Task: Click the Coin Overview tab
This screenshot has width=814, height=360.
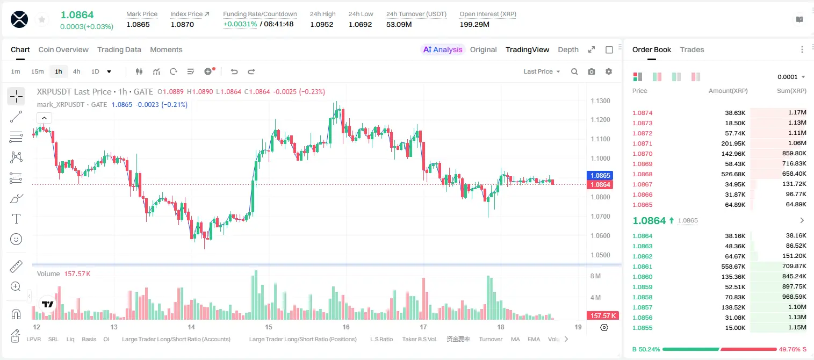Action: [x=63, y=49]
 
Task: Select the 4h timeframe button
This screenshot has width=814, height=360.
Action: [x=76, y=71]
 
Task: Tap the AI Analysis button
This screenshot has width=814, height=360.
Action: [x=443, y=49]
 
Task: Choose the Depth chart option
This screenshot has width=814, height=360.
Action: [x=568, y=49]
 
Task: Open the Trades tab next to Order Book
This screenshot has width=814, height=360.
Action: [x=692, y=49]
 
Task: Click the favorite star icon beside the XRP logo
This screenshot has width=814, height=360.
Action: [x=42, y=19]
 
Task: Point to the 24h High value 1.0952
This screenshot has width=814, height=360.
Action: [x=322, y=24]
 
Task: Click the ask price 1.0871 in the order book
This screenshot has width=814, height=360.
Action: [x=642, y=143]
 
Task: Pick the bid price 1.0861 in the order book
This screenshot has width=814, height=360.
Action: [x=642, y=267]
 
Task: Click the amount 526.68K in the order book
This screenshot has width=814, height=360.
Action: [x=733, y=174]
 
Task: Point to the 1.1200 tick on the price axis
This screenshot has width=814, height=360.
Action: [x=600, y=120]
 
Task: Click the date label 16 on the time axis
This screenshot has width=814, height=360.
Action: [x=345, y=327]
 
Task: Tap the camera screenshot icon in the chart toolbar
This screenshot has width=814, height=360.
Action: [x=592, y=71]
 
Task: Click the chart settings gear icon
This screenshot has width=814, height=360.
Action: [x=609, y=71]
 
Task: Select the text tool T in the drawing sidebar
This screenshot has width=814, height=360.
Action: [x=16, y=219]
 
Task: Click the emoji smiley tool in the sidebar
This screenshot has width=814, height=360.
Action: [x=16, y=239]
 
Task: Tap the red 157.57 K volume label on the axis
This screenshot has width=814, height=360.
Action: [x=603, y=316]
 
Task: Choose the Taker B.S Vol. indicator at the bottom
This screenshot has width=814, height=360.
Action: [x=419, y=339]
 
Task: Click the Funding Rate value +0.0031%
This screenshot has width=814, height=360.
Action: [x=240, y=24]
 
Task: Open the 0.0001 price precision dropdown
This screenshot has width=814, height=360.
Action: [x=791, y=77]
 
